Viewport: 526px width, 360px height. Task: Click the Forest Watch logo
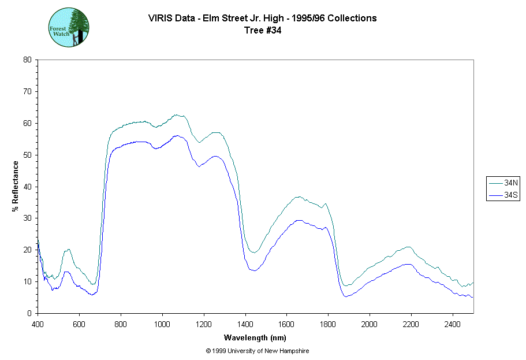69,27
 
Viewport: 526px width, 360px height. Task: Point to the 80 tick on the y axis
38,60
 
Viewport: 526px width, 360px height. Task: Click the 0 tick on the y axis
38,313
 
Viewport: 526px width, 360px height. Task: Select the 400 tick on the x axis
38,313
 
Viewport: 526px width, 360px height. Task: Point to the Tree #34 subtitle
263,31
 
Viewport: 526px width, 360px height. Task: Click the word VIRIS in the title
161,18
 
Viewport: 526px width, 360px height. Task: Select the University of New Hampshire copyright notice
261,351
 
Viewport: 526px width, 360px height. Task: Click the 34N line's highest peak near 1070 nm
177,114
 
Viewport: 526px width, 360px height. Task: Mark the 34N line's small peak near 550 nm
69,250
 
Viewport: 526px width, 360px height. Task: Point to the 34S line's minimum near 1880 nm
345,296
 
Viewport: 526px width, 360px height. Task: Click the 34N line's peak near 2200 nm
409,247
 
